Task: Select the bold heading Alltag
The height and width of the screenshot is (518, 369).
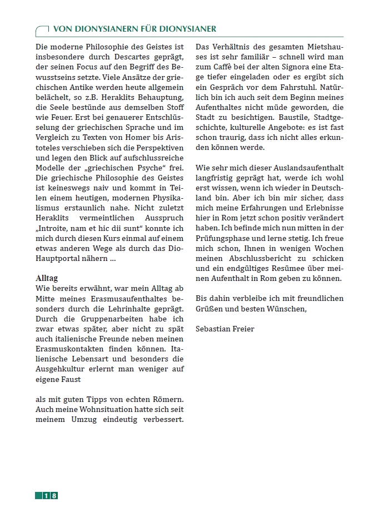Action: pyautogui.click(x=46, y=278)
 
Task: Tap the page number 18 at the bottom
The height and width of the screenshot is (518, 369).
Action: pyautogui.click(x=50, y=495)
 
